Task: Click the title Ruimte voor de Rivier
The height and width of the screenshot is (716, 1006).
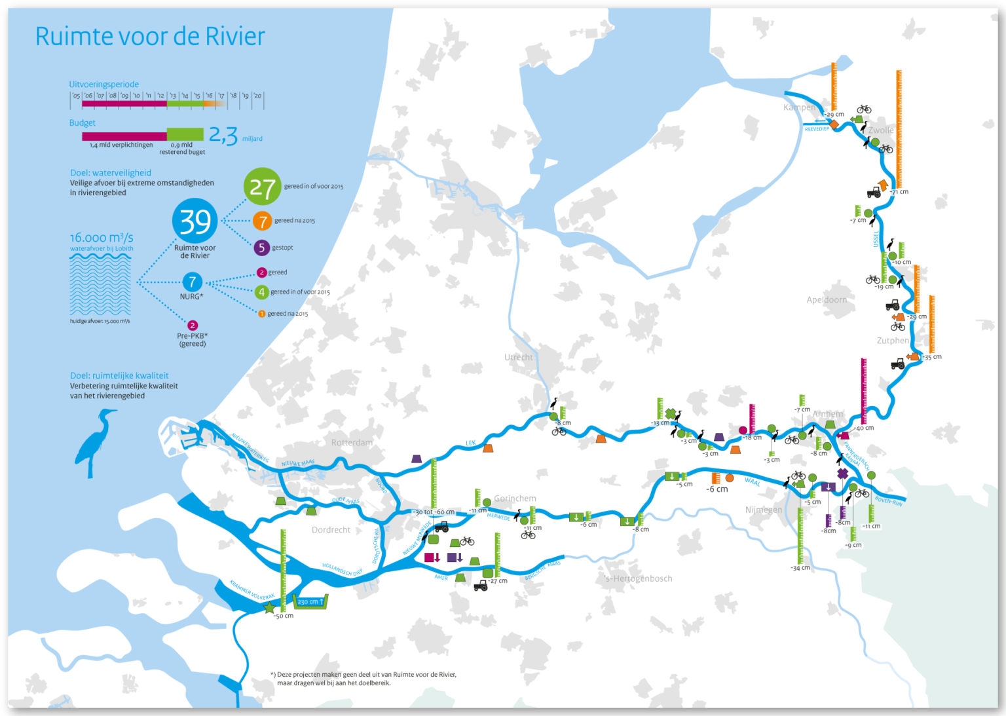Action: point(150,37)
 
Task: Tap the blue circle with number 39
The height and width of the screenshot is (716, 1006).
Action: point(195,221)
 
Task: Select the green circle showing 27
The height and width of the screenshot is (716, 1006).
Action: point(262,187)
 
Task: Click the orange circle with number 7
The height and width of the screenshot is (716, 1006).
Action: point(262,221)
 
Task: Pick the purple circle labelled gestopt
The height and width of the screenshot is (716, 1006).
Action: point(261,248)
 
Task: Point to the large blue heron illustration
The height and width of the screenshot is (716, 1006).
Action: point(95,442)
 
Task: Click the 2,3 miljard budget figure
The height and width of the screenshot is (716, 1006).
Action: point(223,136)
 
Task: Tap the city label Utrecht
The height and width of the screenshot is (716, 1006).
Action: point(519,358)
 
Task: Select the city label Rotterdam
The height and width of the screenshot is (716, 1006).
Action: point(352,443)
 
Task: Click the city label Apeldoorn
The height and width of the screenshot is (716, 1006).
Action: point(827,300)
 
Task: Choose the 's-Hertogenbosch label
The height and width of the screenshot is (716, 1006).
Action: point(639,579)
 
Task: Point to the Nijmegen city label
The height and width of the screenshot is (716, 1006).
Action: point(764,510)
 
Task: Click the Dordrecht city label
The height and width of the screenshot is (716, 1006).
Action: point(331,530)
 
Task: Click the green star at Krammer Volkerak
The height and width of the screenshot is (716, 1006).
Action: point(269,607)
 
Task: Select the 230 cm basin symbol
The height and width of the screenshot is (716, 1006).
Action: point(311,601)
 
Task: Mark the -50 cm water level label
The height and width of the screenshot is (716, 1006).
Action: point(284,616)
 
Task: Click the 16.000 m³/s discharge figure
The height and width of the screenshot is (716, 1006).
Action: point(102,238)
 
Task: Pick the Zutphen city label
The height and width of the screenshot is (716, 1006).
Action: point(893,341)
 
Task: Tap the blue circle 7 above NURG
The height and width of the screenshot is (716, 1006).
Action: point(192,282)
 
